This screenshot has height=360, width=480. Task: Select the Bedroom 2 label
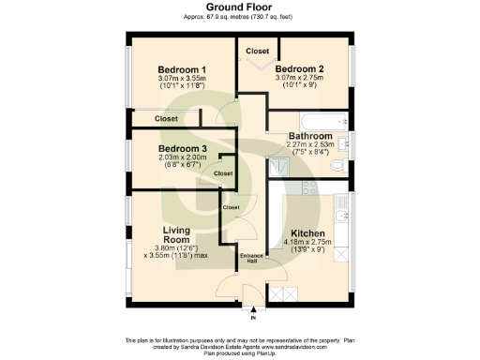299,68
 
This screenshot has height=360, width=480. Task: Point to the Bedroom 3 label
182,149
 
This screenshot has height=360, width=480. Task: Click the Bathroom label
310,136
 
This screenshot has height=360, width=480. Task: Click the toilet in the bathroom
343,165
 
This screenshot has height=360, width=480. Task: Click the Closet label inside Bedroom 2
255,51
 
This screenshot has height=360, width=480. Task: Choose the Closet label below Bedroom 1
167,119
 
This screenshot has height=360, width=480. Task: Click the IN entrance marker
252,319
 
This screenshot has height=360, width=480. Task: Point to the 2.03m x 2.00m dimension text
182,158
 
